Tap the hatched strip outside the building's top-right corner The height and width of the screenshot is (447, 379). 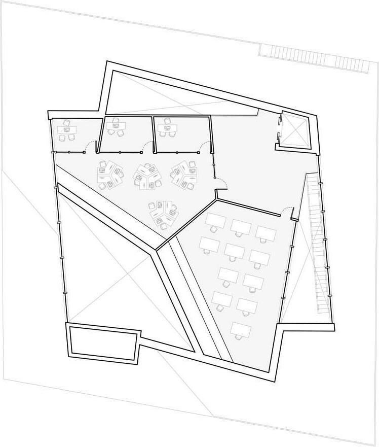tap(314, 56)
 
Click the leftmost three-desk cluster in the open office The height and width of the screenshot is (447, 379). tap(110, 175)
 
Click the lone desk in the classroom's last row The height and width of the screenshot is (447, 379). tap(240, 329)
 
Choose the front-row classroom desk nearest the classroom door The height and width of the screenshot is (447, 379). tap(266, 233)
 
